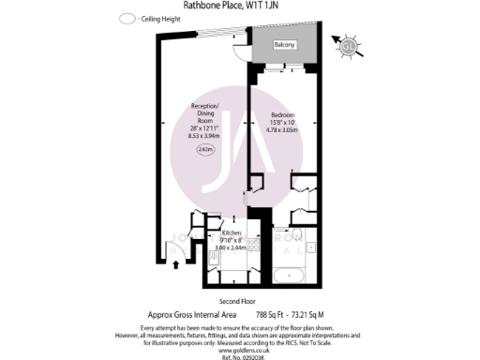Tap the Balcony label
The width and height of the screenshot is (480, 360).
[x=284, y=45]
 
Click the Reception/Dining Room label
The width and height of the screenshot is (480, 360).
[x=204, y=111]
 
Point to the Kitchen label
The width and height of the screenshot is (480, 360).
[x=232, y=232]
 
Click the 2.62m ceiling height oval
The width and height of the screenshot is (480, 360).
[x=205, y=149]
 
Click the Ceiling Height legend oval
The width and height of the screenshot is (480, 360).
[x=126, y=19]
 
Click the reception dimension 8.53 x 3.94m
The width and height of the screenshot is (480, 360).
[x=204, y=134]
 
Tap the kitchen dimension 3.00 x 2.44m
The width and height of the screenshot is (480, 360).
[x=232, y=247]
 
